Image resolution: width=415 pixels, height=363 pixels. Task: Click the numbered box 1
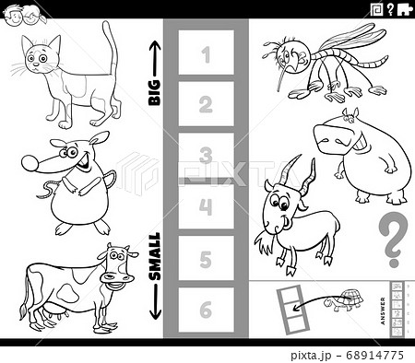[x=206, y=53]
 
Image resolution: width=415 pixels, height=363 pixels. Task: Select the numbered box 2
[x=206, y=104]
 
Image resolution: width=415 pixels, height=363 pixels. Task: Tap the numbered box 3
[x=206, y=155]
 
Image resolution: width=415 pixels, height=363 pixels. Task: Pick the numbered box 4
[x=206, y=206]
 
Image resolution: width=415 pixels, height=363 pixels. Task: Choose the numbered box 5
[x=206, y=258]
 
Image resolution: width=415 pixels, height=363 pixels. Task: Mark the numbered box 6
[x=206, y=309]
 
